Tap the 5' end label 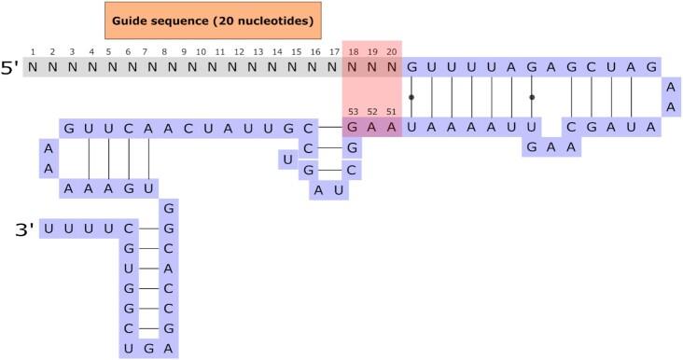[10, 67]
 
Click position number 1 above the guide [33, 51]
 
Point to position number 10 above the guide [202, 51]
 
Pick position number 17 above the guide [333, 51]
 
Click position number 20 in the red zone [392, 51]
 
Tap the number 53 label [354, 112]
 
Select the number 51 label [392, 112]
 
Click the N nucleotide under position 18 [354, 67]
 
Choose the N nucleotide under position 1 [33, 67]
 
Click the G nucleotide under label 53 [354, 128]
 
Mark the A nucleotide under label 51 [392, 128]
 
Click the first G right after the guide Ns [411, 67]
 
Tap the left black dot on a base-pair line [411, 96]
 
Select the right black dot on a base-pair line [532, 96]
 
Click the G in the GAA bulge [532, 147]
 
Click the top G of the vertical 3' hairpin [169, 207]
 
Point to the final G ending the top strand [652, 67]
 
